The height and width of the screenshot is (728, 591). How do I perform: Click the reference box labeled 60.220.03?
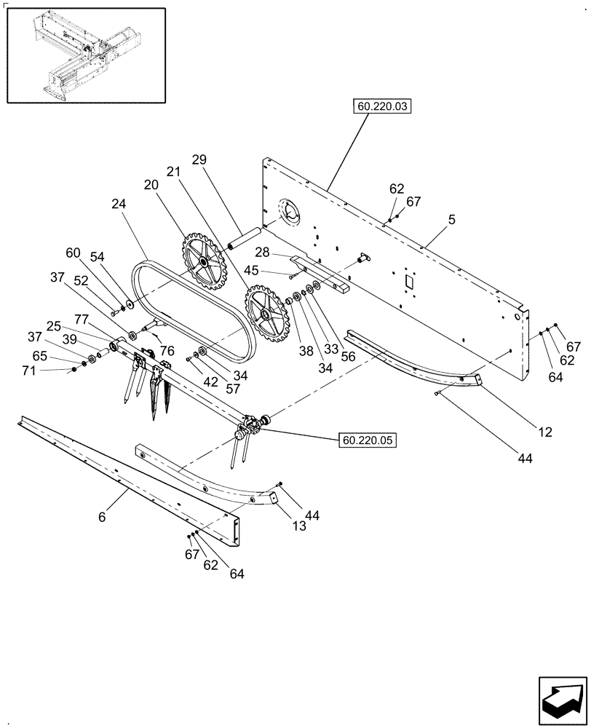pyautogui.click(x=383, y=107)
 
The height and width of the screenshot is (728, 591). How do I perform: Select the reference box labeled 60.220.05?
pyautogui.click(x=367, y=440)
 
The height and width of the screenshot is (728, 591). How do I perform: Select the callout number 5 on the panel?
pyautogui.click(x=452, y=218)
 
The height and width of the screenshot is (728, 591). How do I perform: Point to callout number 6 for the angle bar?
pyautogui.click(x=102, y=517)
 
